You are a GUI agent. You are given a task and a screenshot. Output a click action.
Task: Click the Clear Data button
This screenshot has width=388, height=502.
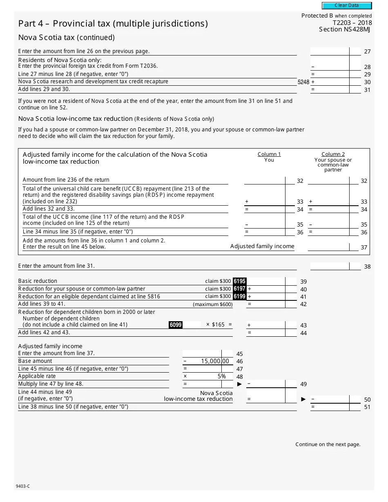tap(347, 6)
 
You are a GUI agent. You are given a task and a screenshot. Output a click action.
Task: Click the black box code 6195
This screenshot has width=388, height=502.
tap(239, 281)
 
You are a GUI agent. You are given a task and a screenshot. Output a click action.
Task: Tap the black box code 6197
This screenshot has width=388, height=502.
tap(239, 289)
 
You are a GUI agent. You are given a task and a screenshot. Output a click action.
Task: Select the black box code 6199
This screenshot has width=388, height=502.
tap(239, 296)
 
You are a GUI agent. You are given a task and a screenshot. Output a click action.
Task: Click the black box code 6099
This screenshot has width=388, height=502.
tap(176, 325)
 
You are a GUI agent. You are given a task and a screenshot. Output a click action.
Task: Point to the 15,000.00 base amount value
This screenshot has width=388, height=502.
tap(215, 361)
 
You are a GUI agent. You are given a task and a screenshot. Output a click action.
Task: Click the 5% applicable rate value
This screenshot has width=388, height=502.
tap(221, 376)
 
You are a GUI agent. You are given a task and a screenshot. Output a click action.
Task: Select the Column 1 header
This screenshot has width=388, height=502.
tap(269, 154)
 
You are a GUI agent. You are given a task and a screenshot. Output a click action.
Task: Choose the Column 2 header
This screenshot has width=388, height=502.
tap(333, 154)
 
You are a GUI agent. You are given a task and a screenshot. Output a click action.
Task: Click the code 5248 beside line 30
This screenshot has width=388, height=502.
tap(303, 82)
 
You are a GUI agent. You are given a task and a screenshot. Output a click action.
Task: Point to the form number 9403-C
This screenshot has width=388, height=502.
tap(23, 486)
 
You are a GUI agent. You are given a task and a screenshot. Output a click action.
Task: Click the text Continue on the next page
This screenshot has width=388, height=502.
tap(328, 444)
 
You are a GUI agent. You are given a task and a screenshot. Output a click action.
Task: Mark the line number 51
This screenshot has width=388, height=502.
tap(367, 407)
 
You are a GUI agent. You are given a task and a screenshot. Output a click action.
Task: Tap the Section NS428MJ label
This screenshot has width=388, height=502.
tap(345, 29)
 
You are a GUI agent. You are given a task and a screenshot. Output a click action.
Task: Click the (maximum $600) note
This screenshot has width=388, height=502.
tap(212, 304)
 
